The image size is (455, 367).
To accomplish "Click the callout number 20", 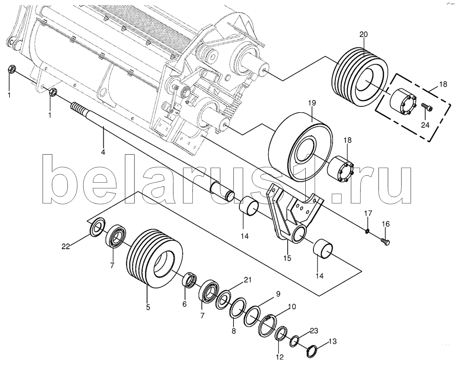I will (363, 34).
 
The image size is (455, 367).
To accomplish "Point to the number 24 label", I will (425, 125).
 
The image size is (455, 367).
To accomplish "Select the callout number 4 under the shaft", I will (103, 152).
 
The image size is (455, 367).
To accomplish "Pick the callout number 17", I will (367, 214).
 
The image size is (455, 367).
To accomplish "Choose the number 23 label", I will (314, 331).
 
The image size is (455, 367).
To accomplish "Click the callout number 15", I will (287, 258).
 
